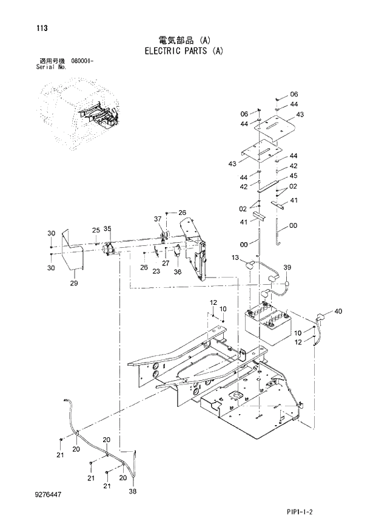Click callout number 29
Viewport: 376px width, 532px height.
pos(73,283)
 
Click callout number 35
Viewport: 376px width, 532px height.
pos(107,229)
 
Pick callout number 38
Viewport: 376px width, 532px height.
pos(133,491)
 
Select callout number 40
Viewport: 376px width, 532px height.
pos(338,312)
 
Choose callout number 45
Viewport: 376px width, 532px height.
pos(293,176)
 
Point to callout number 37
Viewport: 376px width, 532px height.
pos(158,219)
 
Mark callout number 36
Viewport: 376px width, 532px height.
pos(177,272)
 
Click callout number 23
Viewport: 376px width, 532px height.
pos(156,271)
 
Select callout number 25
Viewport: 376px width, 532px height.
pos(95,230)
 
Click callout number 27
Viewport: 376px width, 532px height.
pos(165,263)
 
